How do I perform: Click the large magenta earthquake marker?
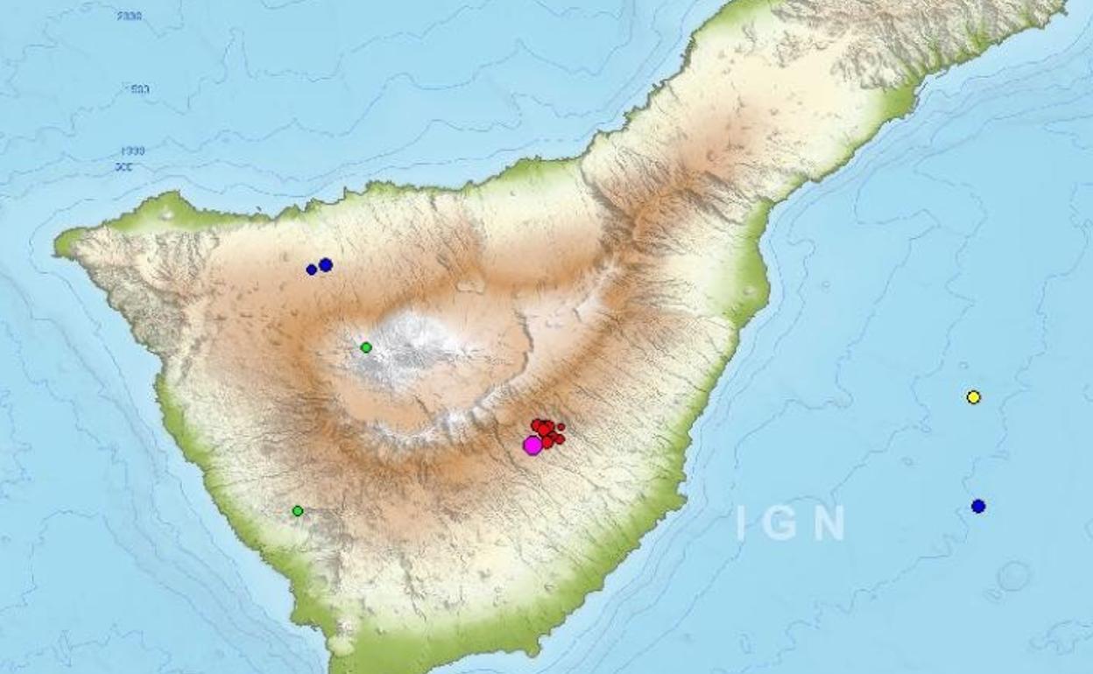[532, 446]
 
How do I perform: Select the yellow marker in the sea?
[973, 397]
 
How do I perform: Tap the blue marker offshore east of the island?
[978, 506]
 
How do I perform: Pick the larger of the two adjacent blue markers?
[326, 264]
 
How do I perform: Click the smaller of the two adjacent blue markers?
[311, 270]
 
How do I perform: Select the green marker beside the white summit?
[366, 348]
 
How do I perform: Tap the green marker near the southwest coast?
[298, 510]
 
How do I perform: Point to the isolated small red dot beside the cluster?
[561, 427]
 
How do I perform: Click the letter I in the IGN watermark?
[741, 523]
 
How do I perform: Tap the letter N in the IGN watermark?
[829, 523]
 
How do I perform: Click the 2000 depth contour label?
[129, 17]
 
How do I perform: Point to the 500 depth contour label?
[139, 88]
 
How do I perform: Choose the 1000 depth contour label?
[132, 151]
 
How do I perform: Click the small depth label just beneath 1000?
[123, 166]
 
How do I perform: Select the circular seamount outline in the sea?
[1013, 576]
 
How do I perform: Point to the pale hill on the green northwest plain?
[167, 214]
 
